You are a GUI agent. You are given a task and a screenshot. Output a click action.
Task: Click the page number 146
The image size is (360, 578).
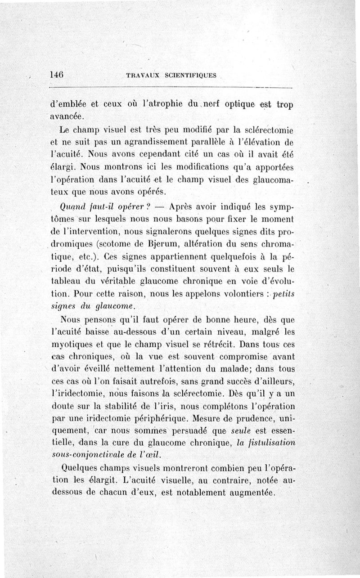coord(57,75)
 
